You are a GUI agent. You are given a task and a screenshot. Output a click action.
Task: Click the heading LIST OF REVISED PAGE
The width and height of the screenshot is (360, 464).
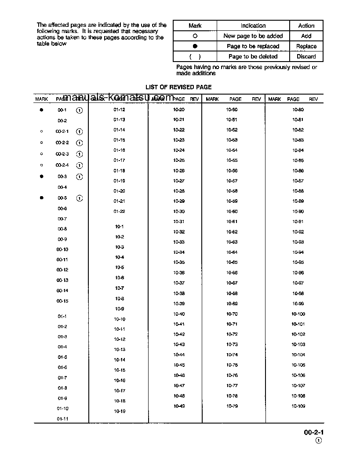pos(178,87)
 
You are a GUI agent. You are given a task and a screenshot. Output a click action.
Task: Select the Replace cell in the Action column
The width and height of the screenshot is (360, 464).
pos(306,46)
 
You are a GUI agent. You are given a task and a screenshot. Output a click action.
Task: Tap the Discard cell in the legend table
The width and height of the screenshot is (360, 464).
pos(306,56)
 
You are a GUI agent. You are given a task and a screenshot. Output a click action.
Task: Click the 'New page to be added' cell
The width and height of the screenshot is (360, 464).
pos(253,36)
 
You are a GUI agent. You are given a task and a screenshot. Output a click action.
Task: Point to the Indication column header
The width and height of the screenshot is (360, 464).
pos(253,26)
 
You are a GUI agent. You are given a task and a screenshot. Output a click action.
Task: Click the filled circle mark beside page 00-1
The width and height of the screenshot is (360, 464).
pos(41,110)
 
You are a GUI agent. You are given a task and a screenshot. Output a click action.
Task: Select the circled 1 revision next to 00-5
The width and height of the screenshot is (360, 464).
pos(80,198)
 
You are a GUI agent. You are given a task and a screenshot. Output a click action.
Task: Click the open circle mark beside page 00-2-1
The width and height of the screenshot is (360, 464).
pos(41,132)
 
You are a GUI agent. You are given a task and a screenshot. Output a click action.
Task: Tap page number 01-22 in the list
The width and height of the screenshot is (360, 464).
pos(119,212)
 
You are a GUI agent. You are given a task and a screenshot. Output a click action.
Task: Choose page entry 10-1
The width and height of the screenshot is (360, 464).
pos(119,227)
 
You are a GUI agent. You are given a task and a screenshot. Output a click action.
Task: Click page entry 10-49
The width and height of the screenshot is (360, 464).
pos(179,406)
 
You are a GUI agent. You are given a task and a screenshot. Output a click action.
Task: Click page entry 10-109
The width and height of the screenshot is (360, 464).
pos(298,406)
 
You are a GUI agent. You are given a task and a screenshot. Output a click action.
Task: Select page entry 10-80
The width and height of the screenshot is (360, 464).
pos(298,110)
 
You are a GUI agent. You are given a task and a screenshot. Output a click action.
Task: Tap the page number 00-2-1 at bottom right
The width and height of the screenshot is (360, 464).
pos(313,433)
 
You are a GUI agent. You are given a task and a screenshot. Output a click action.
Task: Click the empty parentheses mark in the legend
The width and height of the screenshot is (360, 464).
pos(195,57)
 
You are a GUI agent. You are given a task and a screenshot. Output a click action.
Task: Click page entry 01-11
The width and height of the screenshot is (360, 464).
pos(62,419)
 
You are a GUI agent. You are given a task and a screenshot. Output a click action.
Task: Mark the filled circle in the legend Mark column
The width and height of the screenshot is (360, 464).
pos(195,46)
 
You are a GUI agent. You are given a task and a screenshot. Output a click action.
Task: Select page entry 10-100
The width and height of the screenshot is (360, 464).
pos(298,314)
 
